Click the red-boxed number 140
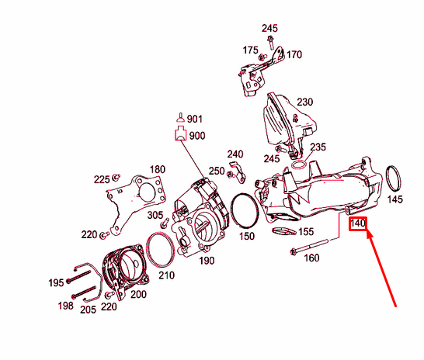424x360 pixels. (358, 224)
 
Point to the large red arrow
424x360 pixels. (381, 268)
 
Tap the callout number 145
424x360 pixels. (395, 199)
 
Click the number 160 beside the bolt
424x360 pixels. (311, 258)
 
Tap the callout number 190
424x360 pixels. (207, 261)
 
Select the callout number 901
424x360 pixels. (194, 119)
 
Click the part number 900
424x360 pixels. (196, 135)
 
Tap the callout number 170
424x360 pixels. (294, 55)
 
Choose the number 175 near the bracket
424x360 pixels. (249, 50)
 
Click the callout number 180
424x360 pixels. (158, 169)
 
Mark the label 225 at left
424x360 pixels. (102, 179)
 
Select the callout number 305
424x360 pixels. (155, 215)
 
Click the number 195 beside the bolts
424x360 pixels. (55, 283)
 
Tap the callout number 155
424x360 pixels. (307, 231)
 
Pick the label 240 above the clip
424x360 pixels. (235, 154)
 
